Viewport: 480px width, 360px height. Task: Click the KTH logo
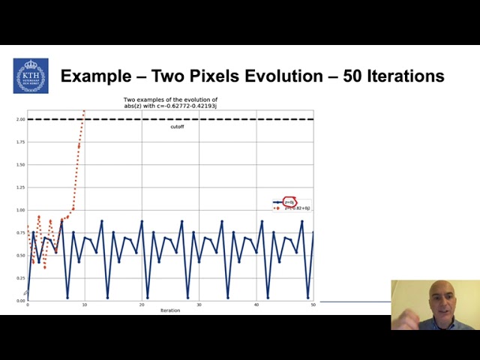[31, 76]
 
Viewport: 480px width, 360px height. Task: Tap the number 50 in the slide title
[354, 76]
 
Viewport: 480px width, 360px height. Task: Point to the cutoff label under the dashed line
[177, 127]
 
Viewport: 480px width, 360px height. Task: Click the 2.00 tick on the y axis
[21, 119]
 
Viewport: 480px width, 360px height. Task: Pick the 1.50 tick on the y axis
[21, 164]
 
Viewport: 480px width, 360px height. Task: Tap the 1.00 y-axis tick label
[21, 210]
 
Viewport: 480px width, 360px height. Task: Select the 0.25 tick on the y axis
[21, 278]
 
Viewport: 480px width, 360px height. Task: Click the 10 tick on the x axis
[85, 305]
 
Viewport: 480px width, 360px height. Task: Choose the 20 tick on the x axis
[142, 305]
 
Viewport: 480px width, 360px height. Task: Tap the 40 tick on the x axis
[256, 305]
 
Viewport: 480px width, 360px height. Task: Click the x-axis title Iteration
[170, 310]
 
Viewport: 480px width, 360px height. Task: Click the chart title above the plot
[170, 103]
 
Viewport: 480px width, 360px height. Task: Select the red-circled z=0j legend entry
[289, 202]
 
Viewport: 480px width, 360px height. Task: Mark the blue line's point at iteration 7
[67, 298]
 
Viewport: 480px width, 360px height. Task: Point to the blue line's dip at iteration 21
[148, 298]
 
